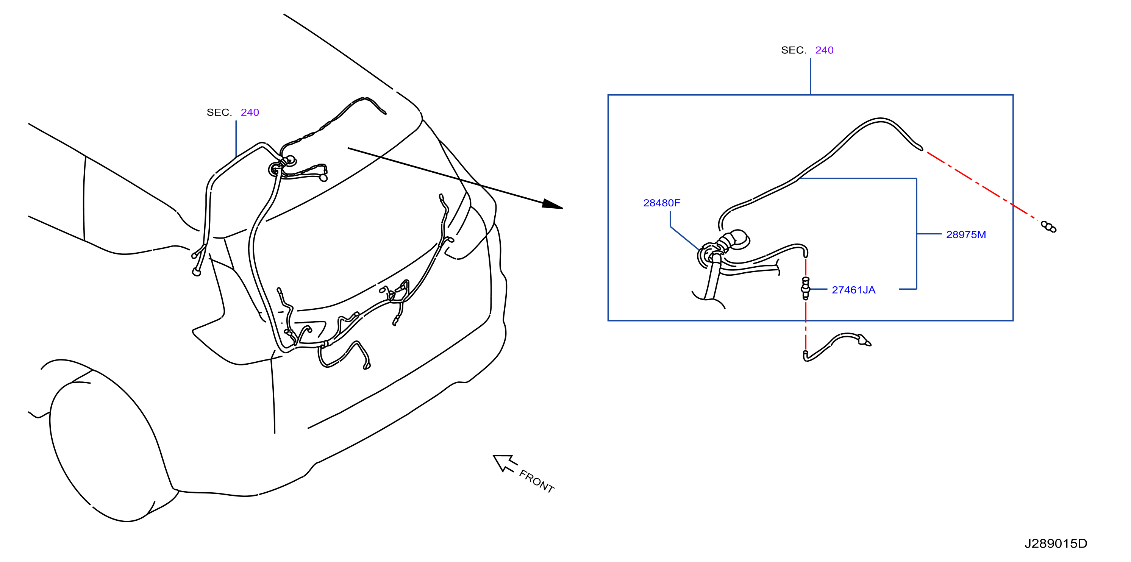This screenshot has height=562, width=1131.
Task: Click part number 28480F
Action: (661, 203)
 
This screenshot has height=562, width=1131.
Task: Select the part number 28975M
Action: (966, 234)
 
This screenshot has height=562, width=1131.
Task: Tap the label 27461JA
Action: (853, 290)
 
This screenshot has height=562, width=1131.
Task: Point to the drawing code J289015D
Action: (1056, 543)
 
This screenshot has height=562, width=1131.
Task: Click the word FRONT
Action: (536, 481)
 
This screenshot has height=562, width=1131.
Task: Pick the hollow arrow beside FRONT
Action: (505, 463)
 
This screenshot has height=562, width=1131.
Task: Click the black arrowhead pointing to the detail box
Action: (552, 204)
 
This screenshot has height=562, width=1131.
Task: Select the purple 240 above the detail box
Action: (824, 50)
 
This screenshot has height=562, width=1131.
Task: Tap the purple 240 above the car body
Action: (250, 112)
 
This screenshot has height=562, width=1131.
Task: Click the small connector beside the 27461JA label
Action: (805, 288)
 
